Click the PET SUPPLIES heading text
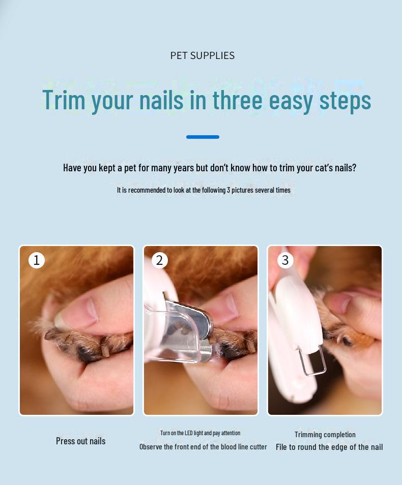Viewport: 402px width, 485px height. point(202,56)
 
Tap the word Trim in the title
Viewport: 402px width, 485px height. point(64,100)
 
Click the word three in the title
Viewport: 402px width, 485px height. point(238,100)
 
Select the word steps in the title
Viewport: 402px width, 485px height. point(345,101)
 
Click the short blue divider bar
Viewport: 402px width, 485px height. point(203,137)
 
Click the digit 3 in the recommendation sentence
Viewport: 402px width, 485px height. point(228,190)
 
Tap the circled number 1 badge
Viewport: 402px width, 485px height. point(37,260)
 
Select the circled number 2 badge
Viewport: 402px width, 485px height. point(159,260)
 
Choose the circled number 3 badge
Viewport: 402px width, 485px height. point(285,260)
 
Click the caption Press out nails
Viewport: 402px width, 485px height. point(80,441)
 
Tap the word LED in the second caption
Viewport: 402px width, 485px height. point(189,433)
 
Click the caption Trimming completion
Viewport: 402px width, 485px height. point(325,435)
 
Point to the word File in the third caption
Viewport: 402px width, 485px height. point(281,447)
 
